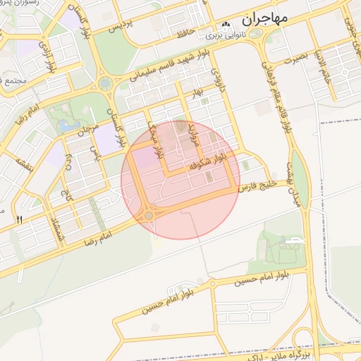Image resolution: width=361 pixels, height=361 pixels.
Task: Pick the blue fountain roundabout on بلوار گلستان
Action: (x=105, y=83)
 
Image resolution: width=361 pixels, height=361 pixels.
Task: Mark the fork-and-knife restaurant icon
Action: (x=19, y=220)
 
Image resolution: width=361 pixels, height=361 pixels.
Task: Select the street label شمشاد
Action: (x=59, y=226)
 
